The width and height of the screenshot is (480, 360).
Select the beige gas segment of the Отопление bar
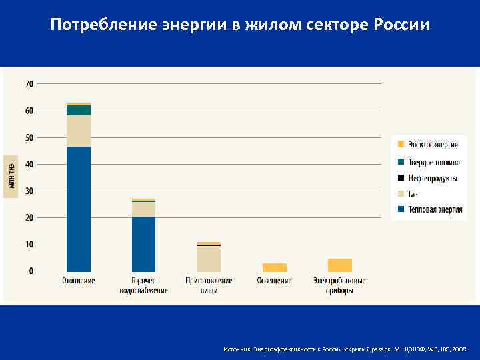click(79, 131)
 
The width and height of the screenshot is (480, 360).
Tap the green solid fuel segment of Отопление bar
click(79, 110)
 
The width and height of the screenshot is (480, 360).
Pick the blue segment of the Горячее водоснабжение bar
click(143, 243)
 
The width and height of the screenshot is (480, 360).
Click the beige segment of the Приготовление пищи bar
click(209, 259)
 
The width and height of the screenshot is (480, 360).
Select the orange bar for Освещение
click(274, 267)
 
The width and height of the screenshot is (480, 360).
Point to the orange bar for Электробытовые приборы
click(339, 265)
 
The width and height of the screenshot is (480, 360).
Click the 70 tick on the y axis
click(29, 84)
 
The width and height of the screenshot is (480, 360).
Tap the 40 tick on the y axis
click(29, 164)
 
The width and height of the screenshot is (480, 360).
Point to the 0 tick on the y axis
click(31, 271)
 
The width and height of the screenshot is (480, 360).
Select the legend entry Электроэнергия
click(433, 145)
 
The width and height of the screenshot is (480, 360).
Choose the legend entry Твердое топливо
click(434, 162)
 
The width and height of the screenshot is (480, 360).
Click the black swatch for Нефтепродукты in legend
click(401, 178)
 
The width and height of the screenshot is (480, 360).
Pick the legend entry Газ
click(413, 194)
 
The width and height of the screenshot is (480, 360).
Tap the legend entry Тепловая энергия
click(435, 209)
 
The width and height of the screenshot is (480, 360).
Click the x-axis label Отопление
click(79, 281)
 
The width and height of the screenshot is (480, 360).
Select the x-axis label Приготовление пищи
click(209, 285)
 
